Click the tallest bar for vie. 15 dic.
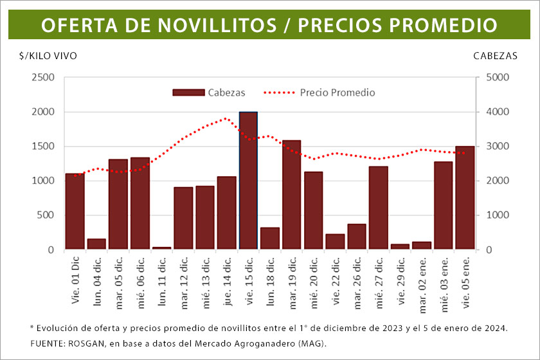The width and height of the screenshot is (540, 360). pos(248,181)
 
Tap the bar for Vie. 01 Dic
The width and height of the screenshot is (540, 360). pos(75,212)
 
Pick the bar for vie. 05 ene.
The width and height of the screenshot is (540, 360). pos(465,198)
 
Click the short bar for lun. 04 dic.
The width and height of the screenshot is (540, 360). pos(96,244)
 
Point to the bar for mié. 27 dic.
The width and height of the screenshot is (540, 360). pos(378,208)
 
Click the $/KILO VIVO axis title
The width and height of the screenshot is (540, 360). pos(48,56)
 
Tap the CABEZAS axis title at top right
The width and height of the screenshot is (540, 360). pos(495,56)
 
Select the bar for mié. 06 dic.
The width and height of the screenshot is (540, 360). pos(139,203)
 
